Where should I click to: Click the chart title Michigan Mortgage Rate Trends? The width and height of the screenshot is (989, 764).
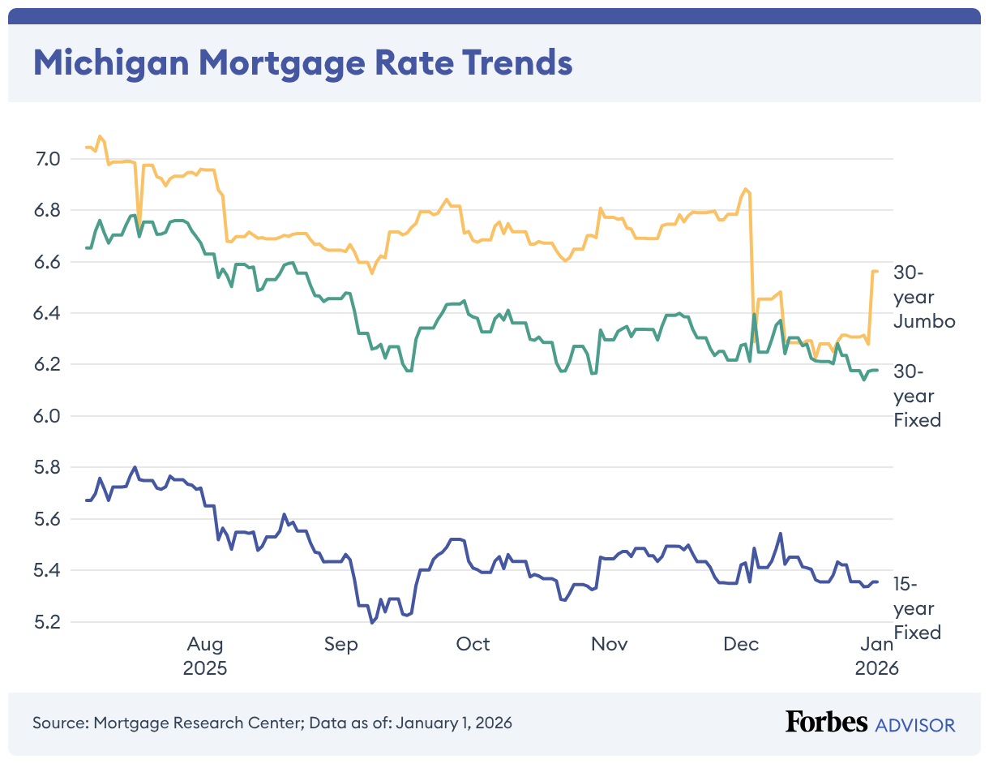pos(302,62)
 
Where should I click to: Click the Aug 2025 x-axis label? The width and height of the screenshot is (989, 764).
pos(205,656)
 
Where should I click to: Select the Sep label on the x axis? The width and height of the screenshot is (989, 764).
pos(340,645)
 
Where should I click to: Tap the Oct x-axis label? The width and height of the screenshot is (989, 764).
pos(473,645)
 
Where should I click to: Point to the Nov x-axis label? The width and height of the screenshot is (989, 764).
pos(609,645)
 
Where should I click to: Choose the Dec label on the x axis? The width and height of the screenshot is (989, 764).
pos(741,645)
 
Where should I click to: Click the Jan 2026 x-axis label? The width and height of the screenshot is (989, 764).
pos(876,656)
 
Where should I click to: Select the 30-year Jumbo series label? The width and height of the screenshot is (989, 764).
pos(923,297)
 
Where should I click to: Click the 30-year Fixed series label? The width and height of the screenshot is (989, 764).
pos(917,396)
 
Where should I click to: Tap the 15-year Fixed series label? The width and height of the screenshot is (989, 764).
pos(917,608)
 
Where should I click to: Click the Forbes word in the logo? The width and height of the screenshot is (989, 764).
pos(826,723)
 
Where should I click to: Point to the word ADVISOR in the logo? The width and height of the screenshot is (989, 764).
pos(915,724)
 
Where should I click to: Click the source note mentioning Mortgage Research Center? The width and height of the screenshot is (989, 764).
pos(272,723)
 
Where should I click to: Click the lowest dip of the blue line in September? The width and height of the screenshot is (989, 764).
pos(372,623)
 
